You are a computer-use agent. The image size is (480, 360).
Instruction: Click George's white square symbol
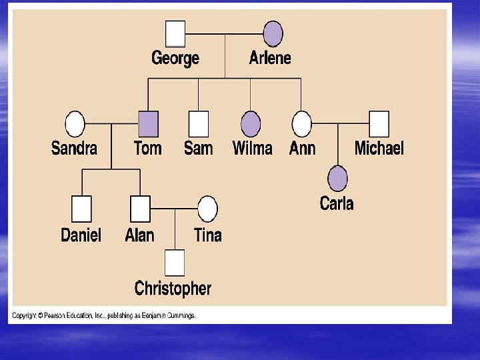pos(175,33)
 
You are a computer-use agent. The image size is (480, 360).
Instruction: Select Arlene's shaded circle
pos(273,33)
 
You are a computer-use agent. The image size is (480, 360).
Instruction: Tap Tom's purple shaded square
pos(147,123)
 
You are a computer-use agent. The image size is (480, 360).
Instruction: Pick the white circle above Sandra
pos(75,123)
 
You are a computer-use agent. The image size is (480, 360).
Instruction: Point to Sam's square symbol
pos(198,123)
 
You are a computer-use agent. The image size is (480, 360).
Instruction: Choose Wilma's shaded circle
pos(250,123)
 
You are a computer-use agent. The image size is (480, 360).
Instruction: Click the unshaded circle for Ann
pos(302,123)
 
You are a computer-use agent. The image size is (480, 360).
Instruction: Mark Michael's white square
pos(379,123)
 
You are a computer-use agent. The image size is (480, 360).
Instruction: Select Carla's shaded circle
pos(337,178)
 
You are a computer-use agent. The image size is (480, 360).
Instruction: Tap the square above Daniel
pos(81,209)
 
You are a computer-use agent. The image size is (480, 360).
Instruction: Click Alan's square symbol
pos(140,209)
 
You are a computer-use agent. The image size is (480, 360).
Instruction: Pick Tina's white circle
pos(207,209)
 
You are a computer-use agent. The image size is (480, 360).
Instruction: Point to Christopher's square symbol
pos(175,263)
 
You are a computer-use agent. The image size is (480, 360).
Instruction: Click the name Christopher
pos(173,289)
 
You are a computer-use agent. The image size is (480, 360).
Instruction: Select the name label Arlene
pos(270,58)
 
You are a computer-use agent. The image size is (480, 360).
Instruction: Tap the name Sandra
pos(74,148)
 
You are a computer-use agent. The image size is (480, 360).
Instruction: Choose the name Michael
pos(379,148)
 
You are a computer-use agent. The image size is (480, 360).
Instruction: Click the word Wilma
pos(252,148)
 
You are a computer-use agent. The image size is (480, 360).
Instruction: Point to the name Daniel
pos(81,235)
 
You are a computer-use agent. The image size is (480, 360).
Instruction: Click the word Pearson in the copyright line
pos(57,315)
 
